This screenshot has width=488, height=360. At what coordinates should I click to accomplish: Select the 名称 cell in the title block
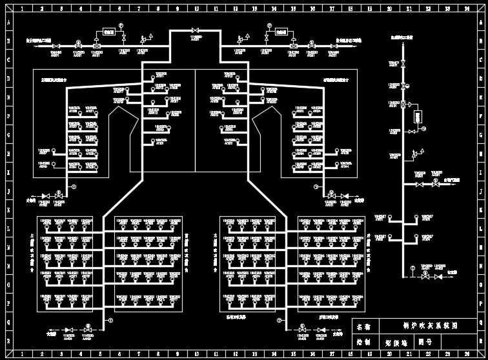(x=364, y=326)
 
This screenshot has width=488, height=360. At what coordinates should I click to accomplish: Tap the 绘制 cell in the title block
(x=364, y=343)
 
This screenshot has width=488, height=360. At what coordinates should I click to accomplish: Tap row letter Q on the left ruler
(x=8, y=323)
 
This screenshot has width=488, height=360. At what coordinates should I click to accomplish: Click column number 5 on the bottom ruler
(x=100, y=354)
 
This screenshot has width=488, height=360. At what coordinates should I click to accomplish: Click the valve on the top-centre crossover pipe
(x=195, y=30)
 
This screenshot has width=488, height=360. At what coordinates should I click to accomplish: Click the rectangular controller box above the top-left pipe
(x=108, y=31)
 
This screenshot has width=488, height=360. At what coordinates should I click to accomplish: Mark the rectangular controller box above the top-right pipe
(x=281, y=31)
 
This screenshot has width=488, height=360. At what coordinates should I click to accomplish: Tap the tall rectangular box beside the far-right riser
(x=418, y=117)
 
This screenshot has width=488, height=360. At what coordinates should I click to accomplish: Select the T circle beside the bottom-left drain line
(x=110, y=320)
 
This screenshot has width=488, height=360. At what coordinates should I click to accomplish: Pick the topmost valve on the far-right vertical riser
(x=403, y=64)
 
